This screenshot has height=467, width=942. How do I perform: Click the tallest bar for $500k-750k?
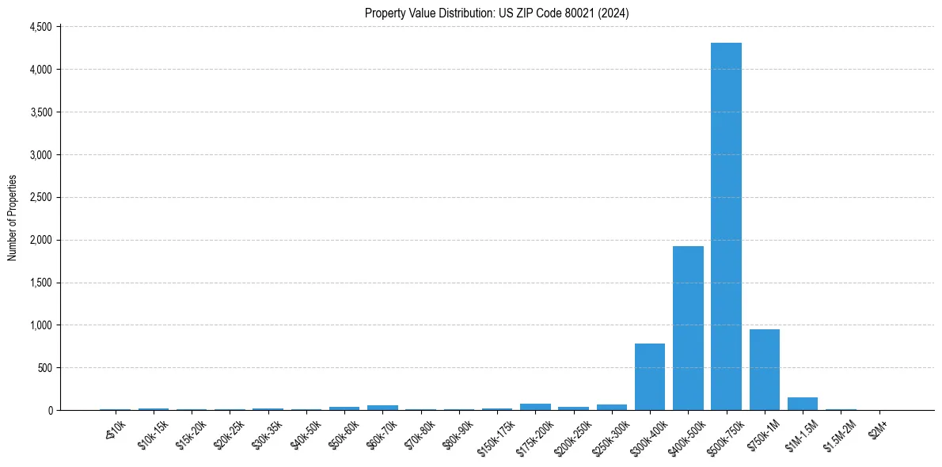(726, 226)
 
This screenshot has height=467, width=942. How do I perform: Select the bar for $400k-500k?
(688, 328)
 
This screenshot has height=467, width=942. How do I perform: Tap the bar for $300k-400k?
(650, 377)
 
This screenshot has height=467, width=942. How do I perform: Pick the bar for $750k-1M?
(765, 370)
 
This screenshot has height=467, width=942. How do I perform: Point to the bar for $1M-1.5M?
(803, 404)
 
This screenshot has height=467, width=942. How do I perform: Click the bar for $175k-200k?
(535, 407)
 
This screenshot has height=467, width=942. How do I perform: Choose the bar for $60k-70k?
(382, 408)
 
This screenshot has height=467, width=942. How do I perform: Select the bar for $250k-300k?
(612, 408)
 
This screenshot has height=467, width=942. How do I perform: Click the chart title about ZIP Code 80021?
(497, 13)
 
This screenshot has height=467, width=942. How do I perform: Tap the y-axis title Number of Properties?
(12, 218)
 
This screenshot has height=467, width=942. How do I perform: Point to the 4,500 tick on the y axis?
(40, 27)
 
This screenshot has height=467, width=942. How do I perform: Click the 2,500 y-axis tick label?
(40, 197)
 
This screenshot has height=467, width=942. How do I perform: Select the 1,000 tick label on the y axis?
(40, 325)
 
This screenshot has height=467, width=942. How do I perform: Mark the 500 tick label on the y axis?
(44, 368)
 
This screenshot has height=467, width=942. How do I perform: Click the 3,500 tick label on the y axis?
(40, 112)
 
